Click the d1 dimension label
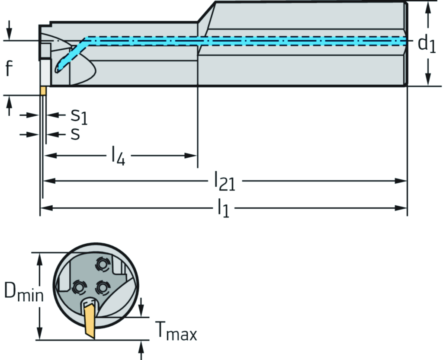[x=426, y=44]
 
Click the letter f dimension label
[x=9, y=68]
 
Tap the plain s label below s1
[x=75, y=134]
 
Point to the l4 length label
[x=118, y=156]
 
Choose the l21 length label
[x=225, y=182]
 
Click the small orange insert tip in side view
[x=43, y=91]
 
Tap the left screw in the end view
[x=78, y=287]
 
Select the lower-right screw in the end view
[x=102, y=287]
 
